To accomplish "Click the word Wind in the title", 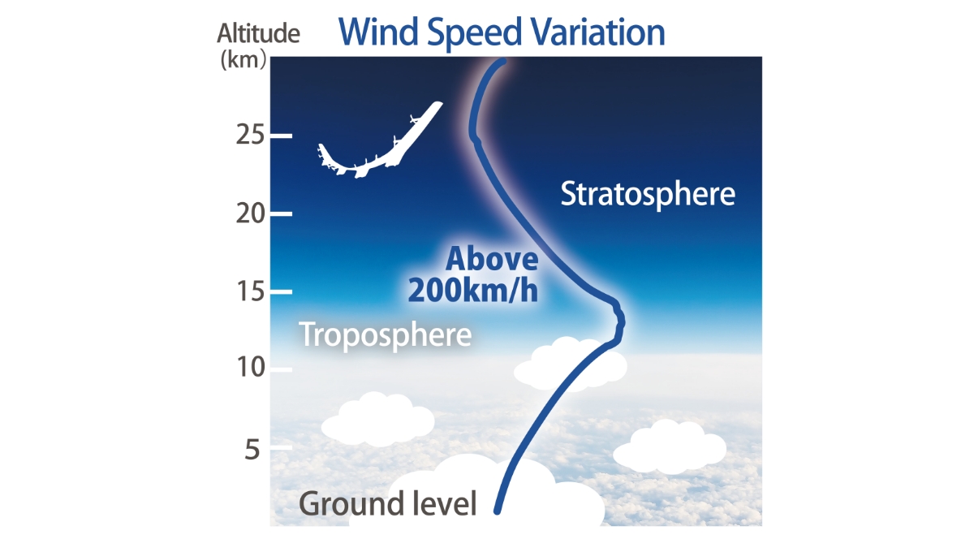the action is point(378,32).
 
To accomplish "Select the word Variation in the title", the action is point(597,32).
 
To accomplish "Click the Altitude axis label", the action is point(258,33).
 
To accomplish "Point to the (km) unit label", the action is point(243,59).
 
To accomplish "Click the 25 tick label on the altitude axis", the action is point(250,135).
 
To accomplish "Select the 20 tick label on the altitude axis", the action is point(250,213).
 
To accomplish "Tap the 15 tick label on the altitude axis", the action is point(251,291).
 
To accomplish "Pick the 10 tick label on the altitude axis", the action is point(251,367).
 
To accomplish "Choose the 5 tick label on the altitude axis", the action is point(252,450).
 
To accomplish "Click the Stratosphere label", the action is point(648,194).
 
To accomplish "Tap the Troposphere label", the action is point(386,335).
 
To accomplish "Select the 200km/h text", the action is point(473,291).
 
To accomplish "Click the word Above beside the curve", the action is point(492,259).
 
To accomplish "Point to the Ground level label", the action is point(388,503).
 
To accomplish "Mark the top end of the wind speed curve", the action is point(503,62).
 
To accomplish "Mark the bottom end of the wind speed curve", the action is point(497,511).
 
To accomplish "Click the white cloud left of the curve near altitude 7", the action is point(377,420).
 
